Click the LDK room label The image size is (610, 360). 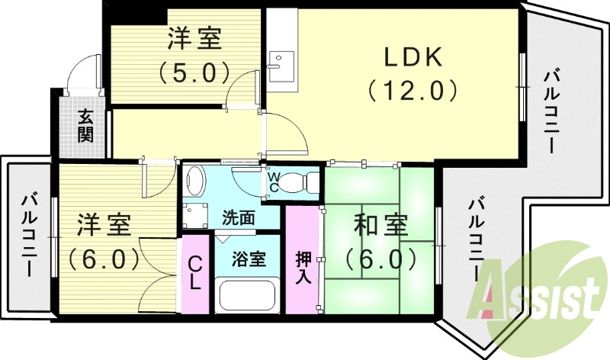click(413, 56)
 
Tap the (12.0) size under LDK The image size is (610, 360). click(413, 91)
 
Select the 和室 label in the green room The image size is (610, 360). click(380, 227)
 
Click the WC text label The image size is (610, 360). click(272, 183)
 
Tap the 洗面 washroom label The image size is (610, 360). click(239, 217)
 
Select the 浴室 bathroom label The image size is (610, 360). click(249, 259)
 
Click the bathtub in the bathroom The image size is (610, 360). click(248, 294)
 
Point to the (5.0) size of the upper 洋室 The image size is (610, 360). click(194, 72)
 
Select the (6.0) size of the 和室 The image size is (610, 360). click(380, 259)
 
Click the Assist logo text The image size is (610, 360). click(538, 293)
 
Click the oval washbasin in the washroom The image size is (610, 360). click(196, 182)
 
